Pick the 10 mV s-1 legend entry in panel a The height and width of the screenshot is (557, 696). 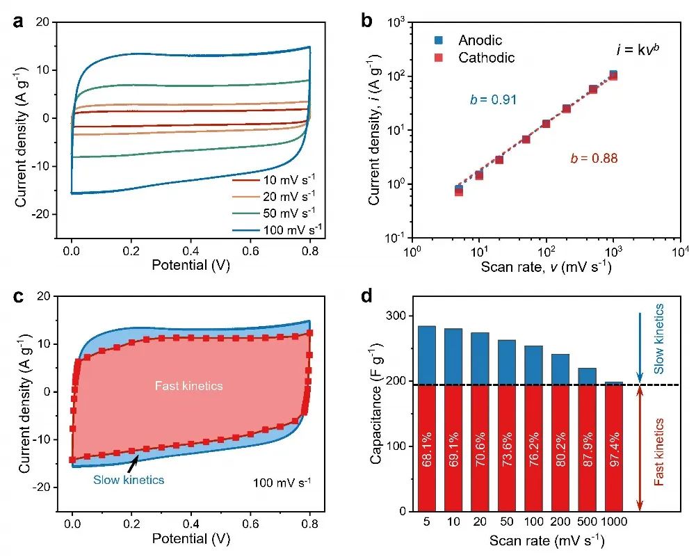tap(278, 180)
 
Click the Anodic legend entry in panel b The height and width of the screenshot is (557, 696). tap(480, 40)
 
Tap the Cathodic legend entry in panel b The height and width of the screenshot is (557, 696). tap(486, 58)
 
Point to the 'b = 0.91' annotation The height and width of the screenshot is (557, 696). tap(492, 100)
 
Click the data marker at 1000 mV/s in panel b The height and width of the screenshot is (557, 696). tap(613, 75)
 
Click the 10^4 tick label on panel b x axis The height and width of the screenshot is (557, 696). tap(680, 251)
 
